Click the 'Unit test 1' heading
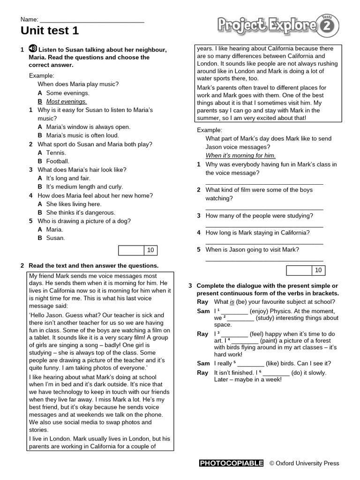click(x=50, y=31)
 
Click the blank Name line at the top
click(x=92, y=21)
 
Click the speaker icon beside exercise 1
click(x=33, y=49)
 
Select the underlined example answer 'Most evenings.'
click(x=66, y=101)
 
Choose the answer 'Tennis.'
click(x=56, y=153)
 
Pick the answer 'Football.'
click(x=58, y=161)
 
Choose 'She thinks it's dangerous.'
click(x=74, y=212)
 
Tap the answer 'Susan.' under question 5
click(x=55, y=238)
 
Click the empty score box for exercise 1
click(x=131, y=250)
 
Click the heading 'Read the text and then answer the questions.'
click(x=93, y=265)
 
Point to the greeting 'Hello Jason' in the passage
click(x=50, y=315)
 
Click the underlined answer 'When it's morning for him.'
click(x=240, y=156)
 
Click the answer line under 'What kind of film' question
click(x=264, y=208)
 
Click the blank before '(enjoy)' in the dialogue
click(x=234, y=311)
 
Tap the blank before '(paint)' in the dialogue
click(x=245, y=341)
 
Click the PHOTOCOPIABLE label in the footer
click(x=231, y=464)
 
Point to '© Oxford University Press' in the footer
click(x=304, y=464)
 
